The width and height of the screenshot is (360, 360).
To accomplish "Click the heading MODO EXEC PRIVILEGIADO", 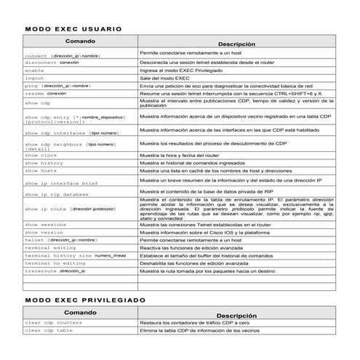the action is click(84, 300).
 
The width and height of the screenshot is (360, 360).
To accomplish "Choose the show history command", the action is click(44, 164).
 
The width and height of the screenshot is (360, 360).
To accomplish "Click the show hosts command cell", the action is click(41, 171).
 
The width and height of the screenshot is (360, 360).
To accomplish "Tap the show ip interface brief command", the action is click(61, 183).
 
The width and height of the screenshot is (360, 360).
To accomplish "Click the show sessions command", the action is click(45, 225).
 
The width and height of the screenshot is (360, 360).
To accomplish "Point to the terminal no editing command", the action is click(55, 263).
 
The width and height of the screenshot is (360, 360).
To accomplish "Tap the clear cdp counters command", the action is click(53, 322).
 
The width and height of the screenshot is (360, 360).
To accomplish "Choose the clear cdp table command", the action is click(49, 330).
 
